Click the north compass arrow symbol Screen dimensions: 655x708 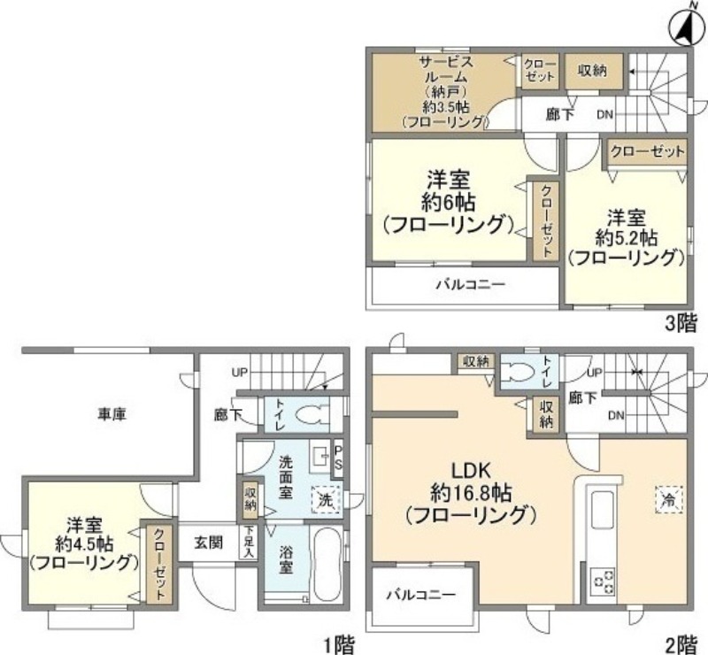(x=683, y=27)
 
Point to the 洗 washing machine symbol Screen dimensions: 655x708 (x=326, y=499)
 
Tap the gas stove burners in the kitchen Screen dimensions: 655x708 (x=604, y=582)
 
